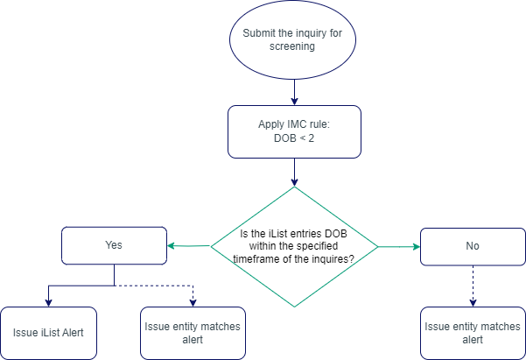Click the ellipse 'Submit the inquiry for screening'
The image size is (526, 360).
tap(294, 39)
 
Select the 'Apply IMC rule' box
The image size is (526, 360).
tap(294, 131)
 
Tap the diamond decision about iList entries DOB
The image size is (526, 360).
tap(294, 247)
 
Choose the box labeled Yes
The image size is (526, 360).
tap(114, 246)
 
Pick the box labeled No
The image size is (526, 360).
tap(473, 246)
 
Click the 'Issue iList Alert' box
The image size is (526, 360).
tap(47, 333)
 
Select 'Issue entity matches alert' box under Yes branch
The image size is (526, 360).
tap(192, 333)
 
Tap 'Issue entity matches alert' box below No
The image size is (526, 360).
tap(473, 333)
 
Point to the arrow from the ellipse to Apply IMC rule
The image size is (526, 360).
tap(294, 91)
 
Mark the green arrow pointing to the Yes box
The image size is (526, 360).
tap(188, 246)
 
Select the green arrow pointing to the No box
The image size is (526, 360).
tap(398, 247)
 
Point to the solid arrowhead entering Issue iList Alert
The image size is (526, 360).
tap(47, 301)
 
